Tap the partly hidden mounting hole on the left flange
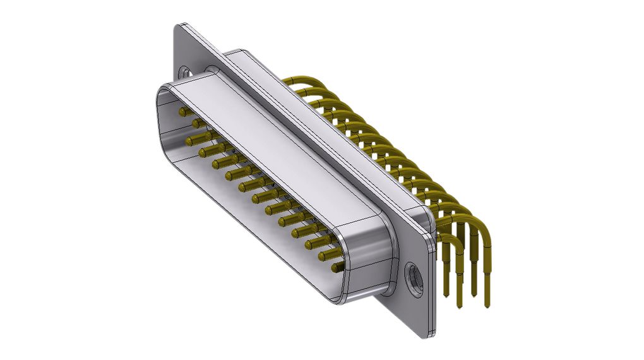[184, 73]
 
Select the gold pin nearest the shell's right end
[337, 268]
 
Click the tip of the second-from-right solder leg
[474, 294]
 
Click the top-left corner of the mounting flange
[177, 27]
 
